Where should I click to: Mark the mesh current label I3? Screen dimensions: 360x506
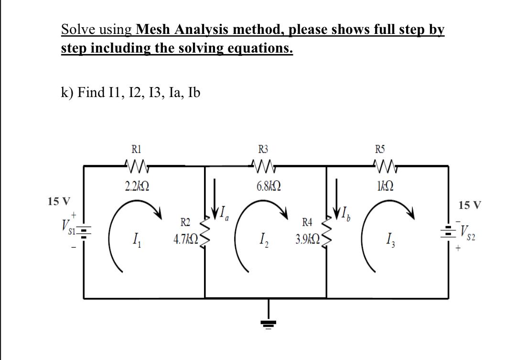(x=387, y=237)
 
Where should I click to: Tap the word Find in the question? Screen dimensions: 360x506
(x=91, y=92)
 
